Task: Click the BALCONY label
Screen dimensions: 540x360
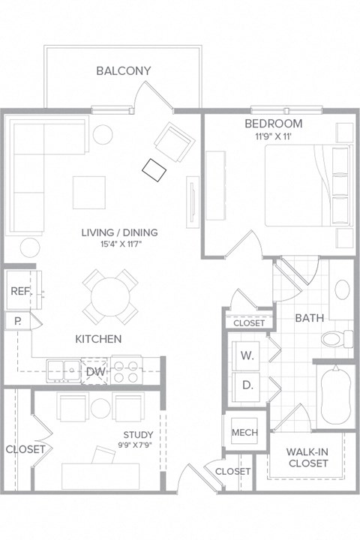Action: [124, 71]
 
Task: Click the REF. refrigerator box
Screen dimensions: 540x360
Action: [19, 292]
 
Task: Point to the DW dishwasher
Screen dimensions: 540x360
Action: [95, 371]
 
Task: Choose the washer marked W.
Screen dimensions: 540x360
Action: [247, 356]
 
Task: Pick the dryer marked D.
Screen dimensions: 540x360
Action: [247, 385]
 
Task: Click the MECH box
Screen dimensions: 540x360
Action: [244, 433]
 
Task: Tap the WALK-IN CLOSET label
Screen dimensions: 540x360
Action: [307, 457]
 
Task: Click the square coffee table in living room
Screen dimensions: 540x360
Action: [88, 192]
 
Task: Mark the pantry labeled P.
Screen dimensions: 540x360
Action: [17, 322]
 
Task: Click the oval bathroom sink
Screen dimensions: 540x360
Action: [342, 290]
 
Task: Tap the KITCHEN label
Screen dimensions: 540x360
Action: [98, 339]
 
